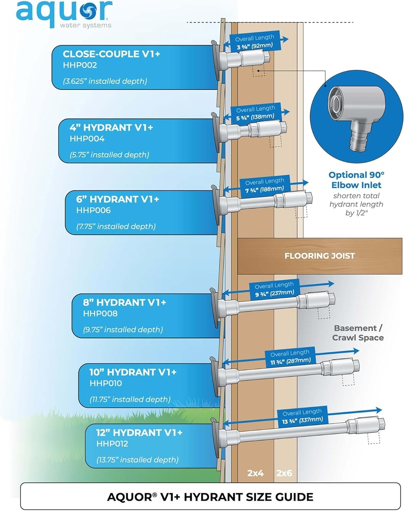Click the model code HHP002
[80, 65]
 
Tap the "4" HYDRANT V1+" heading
[111, 128]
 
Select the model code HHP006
[93, 210]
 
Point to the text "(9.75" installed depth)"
[123, 330]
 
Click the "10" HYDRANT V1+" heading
[133, 372]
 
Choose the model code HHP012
[112, 444]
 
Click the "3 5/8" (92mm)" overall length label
[255, 46]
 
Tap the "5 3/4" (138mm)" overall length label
[255, 117]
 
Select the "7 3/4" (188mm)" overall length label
[265, 189]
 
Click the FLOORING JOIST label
[320, 256]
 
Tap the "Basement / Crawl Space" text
[358, 333]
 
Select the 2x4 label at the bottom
[255, 473]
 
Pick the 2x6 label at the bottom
[284, 473]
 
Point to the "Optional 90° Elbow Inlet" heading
[356, 180]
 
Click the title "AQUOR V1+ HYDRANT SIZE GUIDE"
[210, 497]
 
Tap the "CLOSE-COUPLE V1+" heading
[111, 54]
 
